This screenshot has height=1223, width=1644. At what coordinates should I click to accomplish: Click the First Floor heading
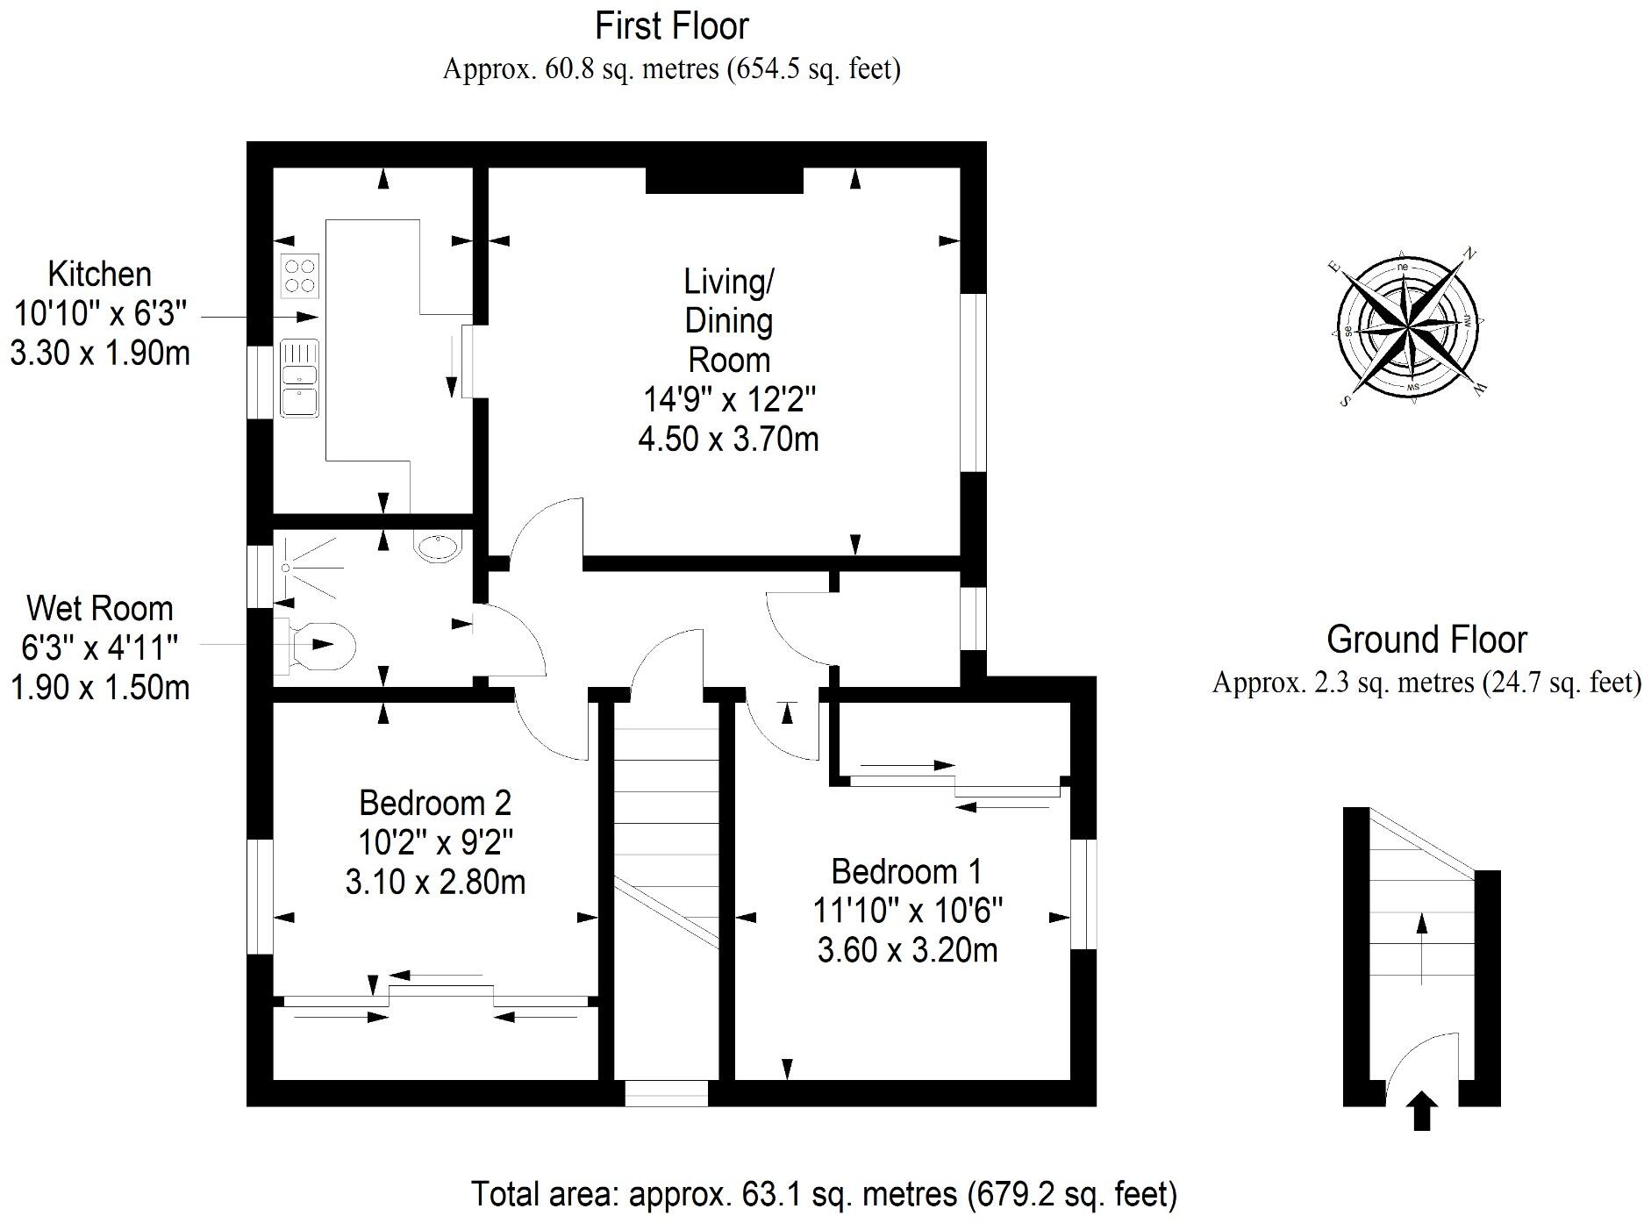(x=671, y=26)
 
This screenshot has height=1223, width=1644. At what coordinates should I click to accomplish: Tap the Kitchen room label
(x=99, y=275)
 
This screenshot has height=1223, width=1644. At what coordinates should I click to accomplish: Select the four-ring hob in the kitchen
(x=299, y=275)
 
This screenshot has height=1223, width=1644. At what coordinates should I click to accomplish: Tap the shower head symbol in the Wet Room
(x=286, y=568)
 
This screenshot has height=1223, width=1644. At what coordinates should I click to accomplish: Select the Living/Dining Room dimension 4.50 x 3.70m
(x=728, y=439)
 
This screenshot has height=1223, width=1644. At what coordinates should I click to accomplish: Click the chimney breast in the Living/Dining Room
(x=725, y=180)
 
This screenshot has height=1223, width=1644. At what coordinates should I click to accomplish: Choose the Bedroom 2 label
(x=434, y=803)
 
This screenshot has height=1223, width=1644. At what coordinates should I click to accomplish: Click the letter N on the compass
(x=1470, y=254)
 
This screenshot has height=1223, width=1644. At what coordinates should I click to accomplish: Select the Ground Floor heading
(x=1426, y=640)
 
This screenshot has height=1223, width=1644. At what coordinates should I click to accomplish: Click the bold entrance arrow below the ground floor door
(x=1422, y=1112)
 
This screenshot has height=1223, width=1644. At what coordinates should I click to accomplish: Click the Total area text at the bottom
(x=823, y=1194)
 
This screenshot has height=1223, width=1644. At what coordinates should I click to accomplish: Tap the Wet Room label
(x=99, y=609)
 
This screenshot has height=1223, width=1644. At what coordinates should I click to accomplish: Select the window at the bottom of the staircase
(x=666, y=1093)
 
